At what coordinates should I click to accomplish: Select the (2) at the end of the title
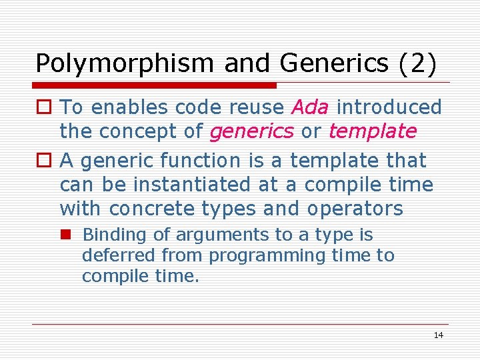(417, 63)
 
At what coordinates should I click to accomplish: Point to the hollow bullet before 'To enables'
(44, 107)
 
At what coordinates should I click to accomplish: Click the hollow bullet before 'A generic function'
(44, 161)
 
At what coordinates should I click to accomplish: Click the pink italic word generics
(251, 131)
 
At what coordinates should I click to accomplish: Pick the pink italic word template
(372, 131)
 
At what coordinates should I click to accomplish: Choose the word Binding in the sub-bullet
(108, 235)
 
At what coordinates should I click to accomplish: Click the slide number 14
(438, 335)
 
